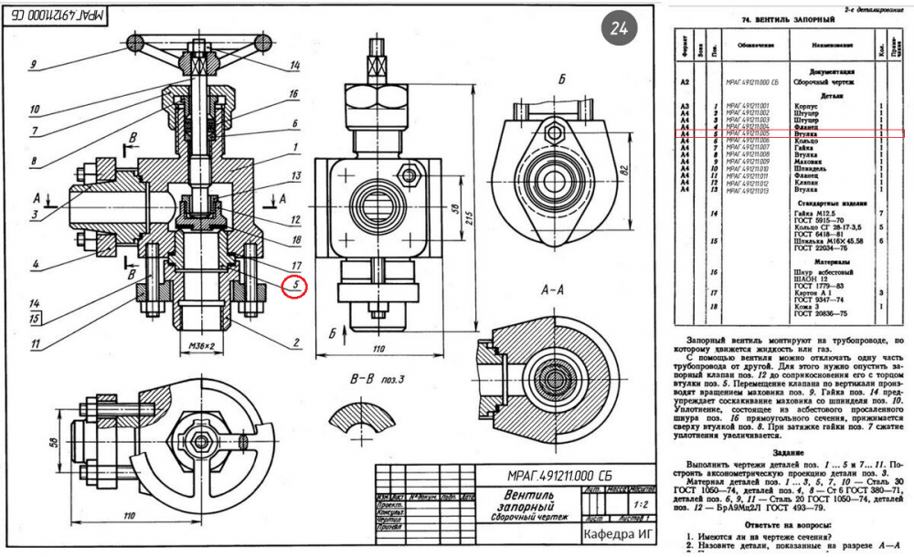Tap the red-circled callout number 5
click(x=294, y=287)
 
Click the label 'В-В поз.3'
click(x=357, y=376)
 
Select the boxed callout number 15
click(x=34, y=319)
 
